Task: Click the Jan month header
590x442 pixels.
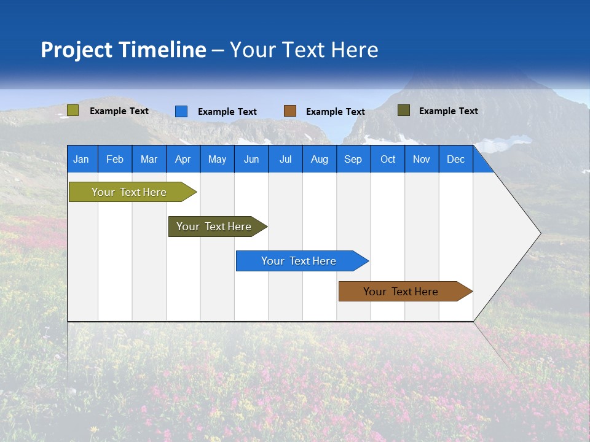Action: pos(81,159)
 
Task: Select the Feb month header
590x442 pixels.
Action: pos(115,159)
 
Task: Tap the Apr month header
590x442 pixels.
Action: pos(183,159)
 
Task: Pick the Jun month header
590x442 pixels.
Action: pos(251,159)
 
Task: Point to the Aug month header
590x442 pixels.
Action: pos(319,159)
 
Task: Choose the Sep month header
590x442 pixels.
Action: pos(353,159)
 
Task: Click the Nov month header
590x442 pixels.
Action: pos(422,159)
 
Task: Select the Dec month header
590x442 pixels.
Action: pos(455,159)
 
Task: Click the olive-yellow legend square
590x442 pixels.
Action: pos(73,110)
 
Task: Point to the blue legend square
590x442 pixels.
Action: pos(181,111)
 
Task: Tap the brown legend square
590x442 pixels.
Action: pos(290,111)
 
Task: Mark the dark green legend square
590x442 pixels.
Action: pos(403,110)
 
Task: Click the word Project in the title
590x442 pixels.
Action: pos(77,50)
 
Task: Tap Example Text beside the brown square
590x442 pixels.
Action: pos(336,112)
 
